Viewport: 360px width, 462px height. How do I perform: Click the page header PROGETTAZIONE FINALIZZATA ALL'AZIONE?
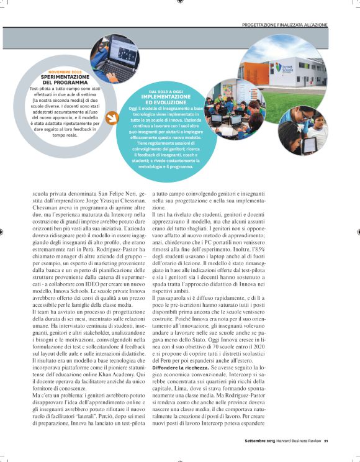(284, 25)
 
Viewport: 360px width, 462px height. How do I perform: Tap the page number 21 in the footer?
(325, 441)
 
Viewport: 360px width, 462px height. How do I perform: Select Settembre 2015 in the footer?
(259, 441)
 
